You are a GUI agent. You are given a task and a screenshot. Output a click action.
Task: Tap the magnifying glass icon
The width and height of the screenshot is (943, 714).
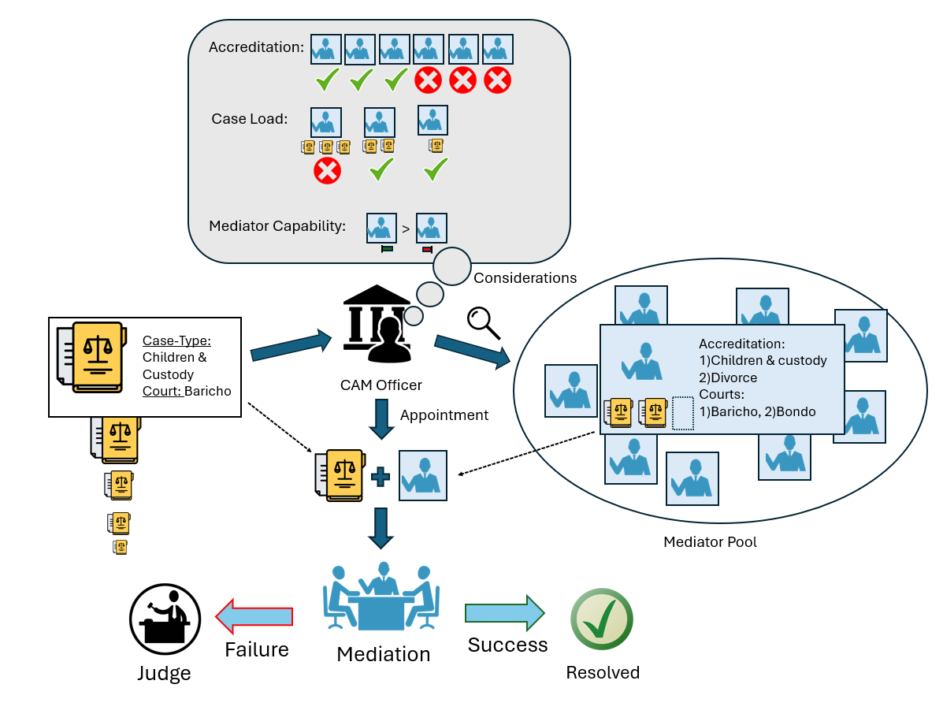[x=483, y=322]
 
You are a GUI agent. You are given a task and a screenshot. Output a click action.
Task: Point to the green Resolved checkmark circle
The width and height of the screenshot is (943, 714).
[x=602, y=619]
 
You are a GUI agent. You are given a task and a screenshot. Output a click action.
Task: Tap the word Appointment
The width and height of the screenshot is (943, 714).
[x=444, y=415]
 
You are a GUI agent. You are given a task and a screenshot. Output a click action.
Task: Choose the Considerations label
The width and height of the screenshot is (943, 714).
[x=525, y=278]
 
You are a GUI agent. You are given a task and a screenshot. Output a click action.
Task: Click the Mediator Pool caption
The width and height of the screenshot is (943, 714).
[x=710, y=542]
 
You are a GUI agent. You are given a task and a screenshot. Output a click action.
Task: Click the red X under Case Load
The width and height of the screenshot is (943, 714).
[x=327, y=170]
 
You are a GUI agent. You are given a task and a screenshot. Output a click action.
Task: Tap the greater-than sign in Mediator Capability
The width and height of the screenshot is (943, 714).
[x=405, y=229]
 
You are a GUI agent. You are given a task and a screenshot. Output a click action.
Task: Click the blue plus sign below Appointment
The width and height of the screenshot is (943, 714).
[x=381, y=477]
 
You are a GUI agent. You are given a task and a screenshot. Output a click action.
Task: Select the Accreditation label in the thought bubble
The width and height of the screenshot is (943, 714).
[x=256, y=48]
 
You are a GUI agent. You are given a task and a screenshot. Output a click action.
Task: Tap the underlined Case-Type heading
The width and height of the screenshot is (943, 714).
[x=176, y=341]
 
